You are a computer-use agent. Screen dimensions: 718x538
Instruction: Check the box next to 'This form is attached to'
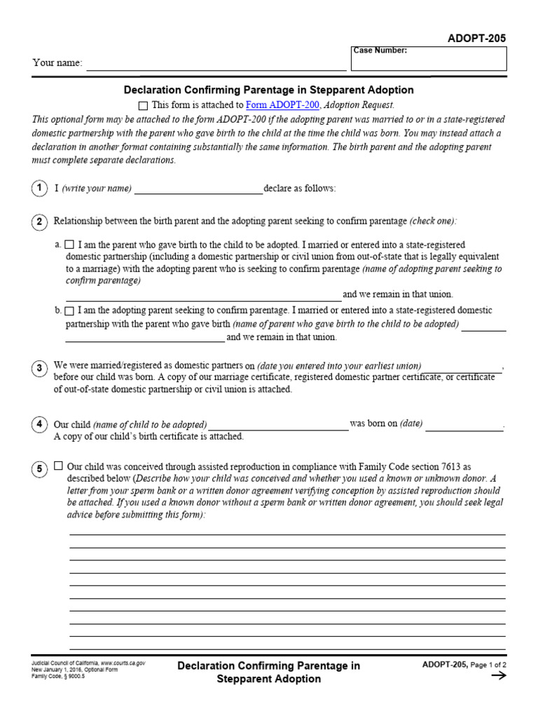click(143, 105)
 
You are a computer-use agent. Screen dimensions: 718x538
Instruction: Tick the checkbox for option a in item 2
click(69, 245)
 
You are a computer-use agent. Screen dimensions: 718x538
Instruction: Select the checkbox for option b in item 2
click(69, 310)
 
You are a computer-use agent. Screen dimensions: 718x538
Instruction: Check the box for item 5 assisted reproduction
click(58, 466)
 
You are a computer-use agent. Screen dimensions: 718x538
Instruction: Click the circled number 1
click(39, 189)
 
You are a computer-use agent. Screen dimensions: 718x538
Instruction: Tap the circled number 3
click(39, 368)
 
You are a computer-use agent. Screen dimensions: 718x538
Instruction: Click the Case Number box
click(429, 59)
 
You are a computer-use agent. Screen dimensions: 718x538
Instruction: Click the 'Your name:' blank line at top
click(216, 65)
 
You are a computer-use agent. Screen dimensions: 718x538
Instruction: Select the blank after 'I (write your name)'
click(198, 189)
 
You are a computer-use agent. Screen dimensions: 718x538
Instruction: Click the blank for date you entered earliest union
click(463, 367)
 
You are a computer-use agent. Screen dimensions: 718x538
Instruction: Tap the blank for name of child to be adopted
click(278, 425)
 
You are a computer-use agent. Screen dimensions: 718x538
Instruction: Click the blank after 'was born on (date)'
click(464, 425)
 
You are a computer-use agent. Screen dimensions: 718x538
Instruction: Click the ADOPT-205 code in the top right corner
click(476, 39)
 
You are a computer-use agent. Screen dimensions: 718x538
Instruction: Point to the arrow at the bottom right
click(498, 676)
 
